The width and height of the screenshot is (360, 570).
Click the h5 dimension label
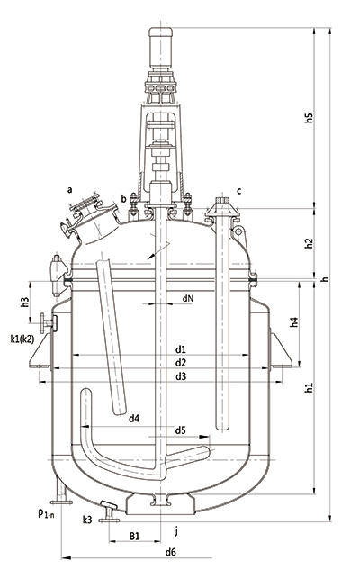coord(309,118)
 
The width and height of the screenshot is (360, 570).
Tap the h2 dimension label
coord(309,243)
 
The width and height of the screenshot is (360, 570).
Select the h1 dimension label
coord(309,387)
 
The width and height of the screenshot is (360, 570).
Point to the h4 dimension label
coord(293,322)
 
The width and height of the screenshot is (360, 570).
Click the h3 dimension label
coord(24,303)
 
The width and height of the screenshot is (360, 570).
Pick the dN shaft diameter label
coord(188,298)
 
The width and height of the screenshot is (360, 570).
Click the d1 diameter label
coord(181,349)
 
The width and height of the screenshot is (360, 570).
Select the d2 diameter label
coord(181,363)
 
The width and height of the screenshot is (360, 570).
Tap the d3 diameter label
coord(181,376)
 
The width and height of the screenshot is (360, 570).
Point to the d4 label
coord(134,419)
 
